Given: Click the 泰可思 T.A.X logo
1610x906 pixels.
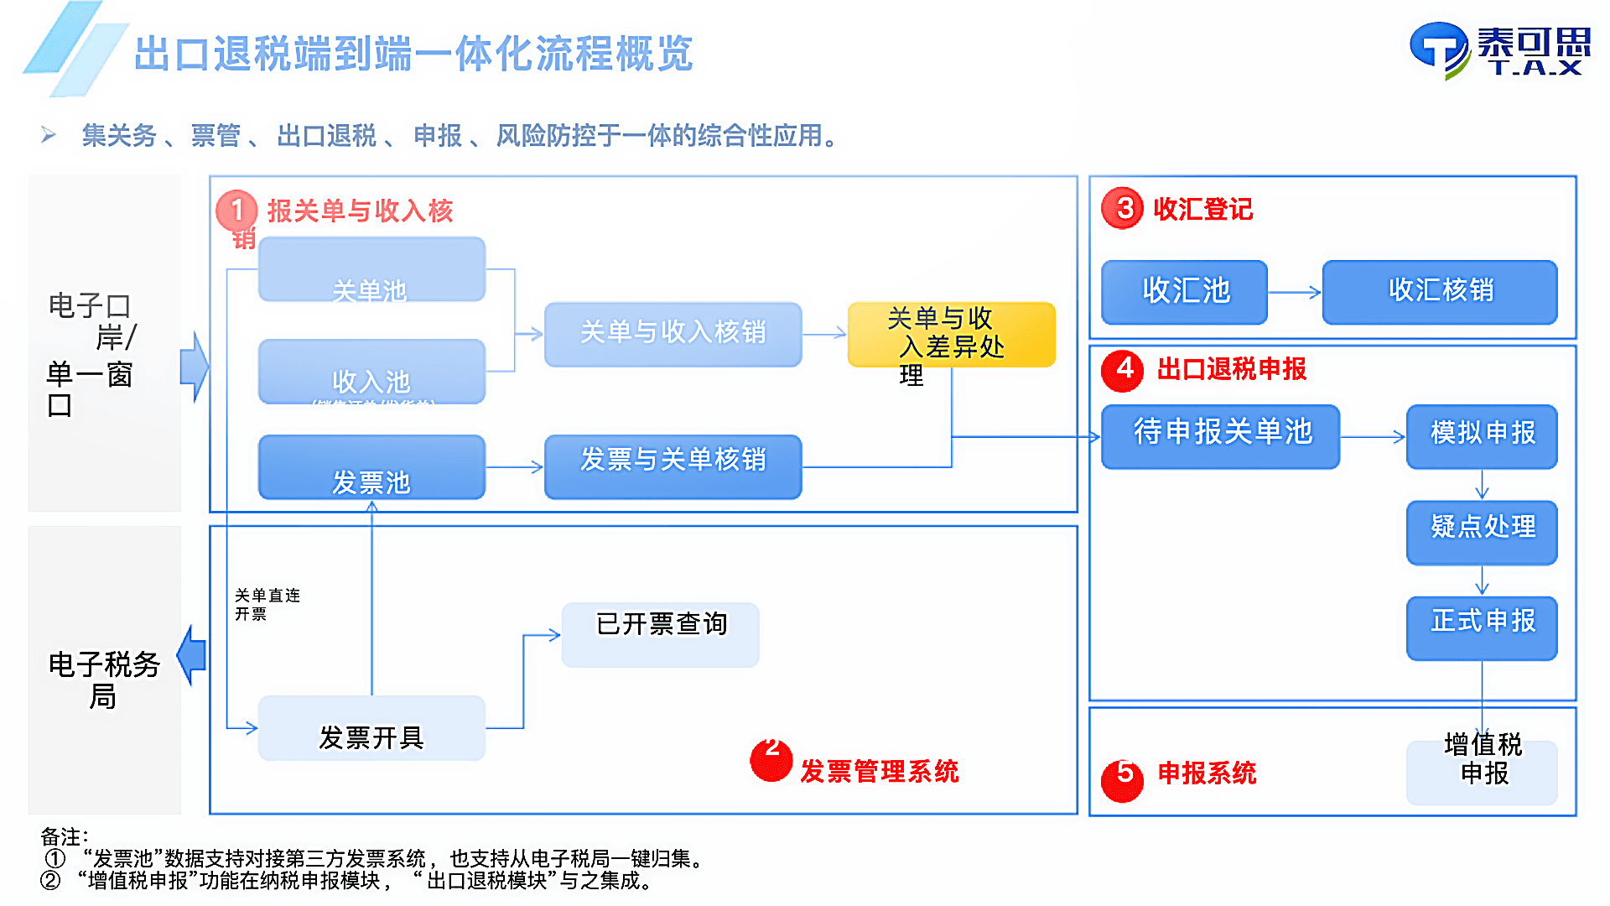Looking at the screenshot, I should click(1500, 50).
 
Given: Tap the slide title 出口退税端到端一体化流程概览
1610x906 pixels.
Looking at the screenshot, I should click(413, 54).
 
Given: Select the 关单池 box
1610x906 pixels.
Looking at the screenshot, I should click(371, 269).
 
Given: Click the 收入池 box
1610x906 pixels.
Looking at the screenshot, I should click(371, 372).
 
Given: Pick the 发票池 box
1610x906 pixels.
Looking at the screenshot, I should click(371, 467).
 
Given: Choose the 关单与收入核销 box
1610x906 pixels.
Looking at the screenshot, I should click(673, 334).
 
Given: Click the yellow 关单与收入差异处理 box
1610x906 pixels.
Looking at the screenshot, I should click(951, 335).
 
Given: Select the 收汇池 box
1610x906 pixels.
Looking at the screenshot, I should click(1184, 292).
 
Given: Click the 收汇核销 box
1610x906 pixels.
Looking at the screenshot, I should click(1440, 292).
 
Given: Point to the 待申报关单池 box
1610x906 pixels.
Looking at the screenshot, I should click(1221, 436).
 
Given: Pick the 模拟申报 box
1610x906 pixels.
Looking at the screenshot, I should click(1482, 436).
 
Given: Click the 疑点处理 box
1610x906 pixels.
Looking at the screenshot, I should click(1482, 532).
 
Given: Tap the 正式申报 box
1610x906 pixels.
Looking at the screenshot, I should click(1482, 627).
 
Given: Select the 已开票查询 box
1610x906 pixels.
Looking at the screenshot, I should click(660, 634).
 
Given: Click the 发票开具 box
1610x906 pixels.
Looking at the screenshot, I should click(371, 728).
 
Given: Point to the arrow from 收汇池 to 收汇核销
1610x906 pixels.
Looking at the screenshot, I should click(1295, 293).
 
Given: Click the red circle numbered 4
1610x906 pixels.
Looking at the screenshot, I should click(1124, 370).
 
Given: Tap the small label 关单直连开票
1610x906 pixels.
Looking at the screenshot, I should click(267, 604).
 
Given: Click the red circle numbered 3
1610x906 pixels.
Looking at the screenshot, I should click(1124, 209).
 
